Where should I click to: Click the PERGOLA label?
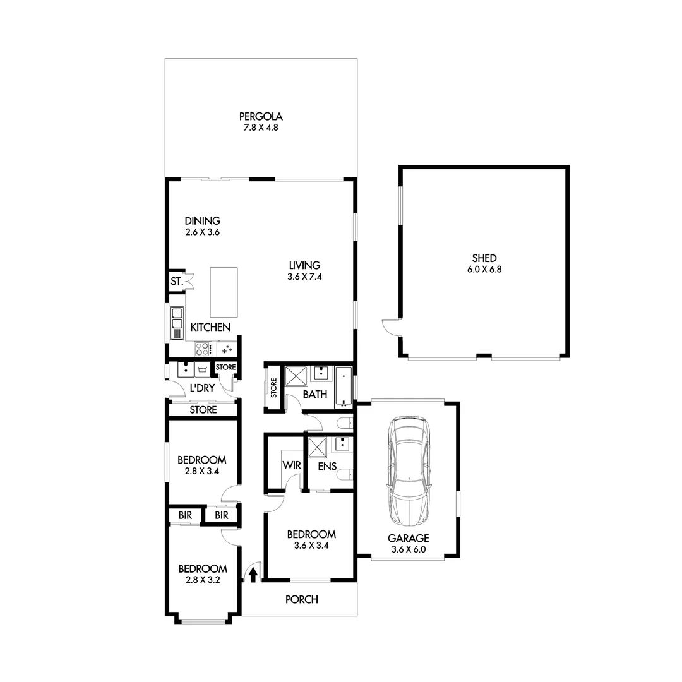[260, 116]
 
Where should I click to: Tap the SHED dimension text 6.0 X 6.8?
[484, 269]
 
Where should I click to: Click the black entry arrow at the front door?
[253, 575]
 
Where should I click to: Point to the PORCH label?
[302, 599]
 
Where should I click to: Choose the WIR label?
[291, 465]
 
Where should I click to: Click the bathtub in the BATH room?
[344, 385]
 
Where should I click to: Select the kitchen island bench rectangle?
[224, 292]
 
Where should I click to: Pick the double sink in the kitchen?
[177, 318]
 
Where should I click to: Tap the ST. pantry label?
[176, 282]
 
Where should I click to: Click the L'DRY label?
[201, 388]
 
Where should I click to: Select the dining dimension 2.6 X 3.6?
[202, 232]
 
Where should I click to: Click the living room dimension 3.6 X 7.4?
[304, 276]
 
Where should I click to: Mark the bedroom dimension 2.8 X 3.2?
[201, 578]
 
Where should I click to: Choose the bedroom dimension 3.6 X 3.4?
[309, 545]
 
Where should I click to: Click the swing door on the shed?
[390, 327]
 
